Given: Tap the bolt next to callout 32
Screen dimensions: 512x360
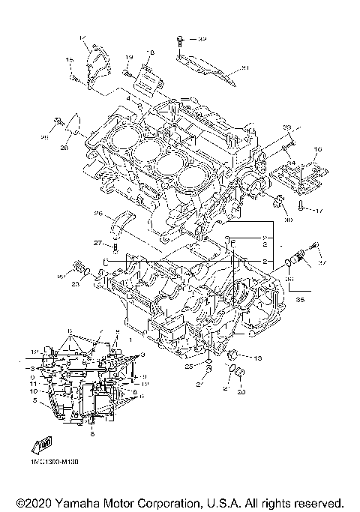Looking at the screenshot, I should [180, 38].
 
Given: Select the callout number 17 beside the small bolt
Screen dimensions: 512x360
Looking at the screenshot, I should [318, 211].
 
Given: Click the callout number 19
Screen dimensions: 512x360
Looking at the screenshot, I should [128, 58].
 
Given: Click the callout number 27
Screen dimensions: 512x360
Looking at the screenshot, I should [97, 243].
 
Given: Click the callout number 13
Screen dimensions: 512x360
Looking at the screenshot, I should [257, 359].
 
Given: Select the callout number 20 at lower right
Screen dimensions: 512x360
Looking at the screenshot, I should [241, 392].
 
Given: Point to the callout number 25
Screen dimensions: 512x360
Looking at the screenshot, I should [190, 367].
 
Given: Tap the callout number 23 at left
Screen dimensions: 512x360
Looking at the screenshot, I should [76, 284].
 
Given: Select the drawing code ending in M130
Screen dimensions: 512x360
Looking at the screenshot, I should [55, 463].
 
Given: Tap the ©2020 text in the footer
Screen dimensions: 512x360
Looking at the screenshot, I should [32, 502].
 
